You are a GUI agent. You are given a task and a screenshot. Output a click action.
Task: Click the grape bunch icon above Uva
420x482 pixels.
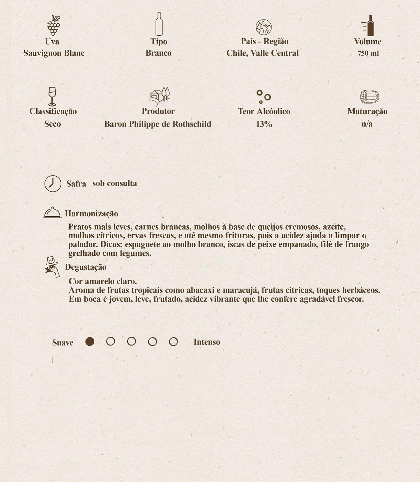53,25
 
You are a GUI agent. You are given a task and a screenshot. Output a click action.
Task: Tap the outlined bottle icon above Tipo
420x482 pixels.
159,24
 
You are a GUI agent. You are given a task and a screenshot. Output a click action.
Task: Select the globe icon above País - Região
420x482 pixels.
263,27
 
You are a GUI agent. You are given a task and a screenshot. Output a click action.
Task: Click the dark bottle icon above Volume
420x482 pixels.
369,25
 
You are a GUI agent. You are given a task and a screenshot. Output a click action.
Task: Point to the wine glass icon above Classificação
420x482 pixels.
52,96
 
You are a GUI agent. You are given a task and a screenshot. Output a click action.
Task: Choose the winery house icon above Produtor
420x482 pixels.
159,96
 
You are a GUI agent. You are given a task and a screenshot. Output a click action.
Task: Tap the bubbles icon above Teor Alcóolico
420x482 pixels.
263,97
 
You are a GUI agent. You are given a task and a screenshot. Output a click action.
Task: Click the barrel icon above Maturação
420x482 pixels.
369,97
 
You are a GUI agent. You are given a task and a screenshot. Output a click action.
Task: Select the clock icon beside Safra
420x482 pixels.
53,183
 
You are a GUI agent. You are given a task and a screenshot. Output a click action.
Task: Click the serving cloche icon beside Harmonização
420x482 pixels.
52,212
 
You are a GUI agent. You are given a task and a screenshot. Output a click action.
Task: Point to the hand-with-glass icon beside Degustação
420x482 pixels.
52,267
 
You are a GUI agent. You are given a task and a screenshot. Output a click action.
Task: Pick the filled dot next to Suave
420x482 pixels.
90,342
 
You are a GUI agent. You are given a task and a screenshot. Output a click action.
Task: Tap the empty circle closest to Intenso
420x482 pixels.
173,342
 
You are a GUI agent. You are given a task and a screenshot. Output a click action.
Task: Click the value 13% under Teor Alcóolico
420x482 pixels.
264,124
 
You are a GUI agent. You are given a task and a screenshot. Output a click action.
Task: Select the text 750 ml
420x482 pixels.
368,53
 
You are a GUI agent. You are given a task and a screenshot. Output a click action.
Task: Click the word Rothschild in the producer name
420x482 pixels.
192,124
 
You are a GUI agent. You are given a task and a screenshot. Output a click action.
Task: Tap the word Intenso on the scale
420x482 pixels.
207,342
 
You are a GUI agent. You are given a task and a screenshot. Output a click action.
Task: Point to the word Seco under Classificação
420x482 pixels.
52,124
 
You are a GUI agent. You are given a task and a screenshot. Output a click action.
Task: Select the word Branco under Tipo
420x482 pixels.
159,53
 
